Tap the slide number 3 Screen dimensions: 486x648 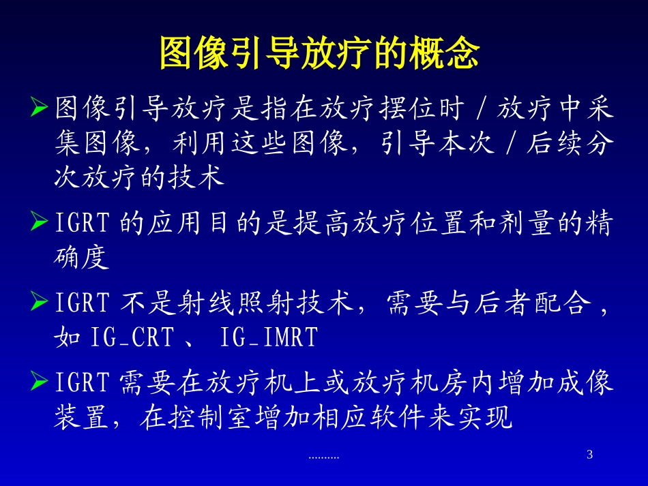tap(590, 455)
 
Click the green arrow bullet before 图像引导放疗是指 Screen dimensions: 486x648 tap(40, 107)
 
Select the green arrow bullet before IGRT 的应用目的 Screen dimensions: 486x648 tap(40, 223)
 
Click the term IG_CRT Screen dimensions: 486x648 tap(132, 338)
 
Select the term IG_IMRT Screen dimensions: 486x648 tap(270, 338)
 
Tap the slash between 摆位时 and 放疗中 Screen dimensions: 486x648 tap(482, 108)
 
